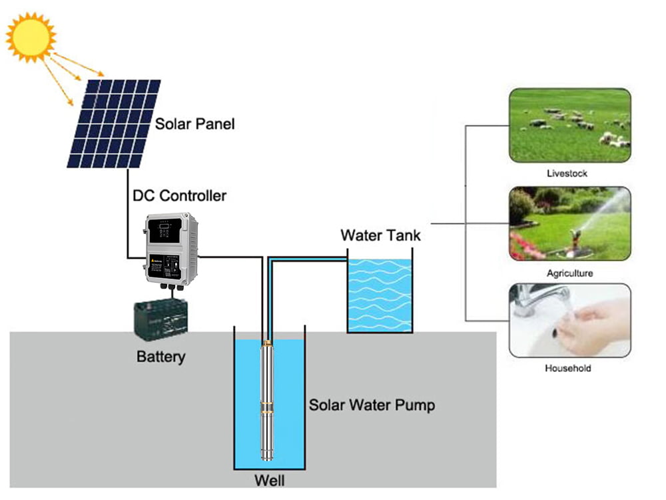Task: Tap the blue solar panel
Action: point(114,123)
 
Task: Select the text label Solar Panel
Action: point(194,124)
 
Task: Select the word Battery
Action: point(161,357)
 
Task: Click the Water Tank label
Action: point(380,235)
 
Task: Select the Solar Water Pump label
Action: point(372,405)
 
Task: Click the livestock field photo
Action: point(569,125)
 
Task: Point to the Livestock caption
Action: point(567,173)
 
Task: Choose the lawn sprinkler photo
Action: point(569,223)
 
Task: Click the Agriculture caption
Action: point(569,273)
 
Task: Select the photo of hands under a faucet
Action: point(569,321)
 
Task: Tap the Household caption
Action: point(568,368)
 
